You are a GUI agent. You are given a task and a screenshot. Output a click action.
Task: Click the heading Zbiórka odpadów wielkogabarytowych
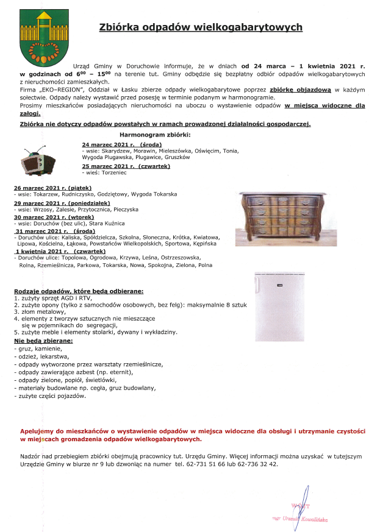(201, 27)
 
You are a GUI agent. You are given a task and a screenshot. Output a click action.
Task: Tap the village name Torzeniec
(110, 172)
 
